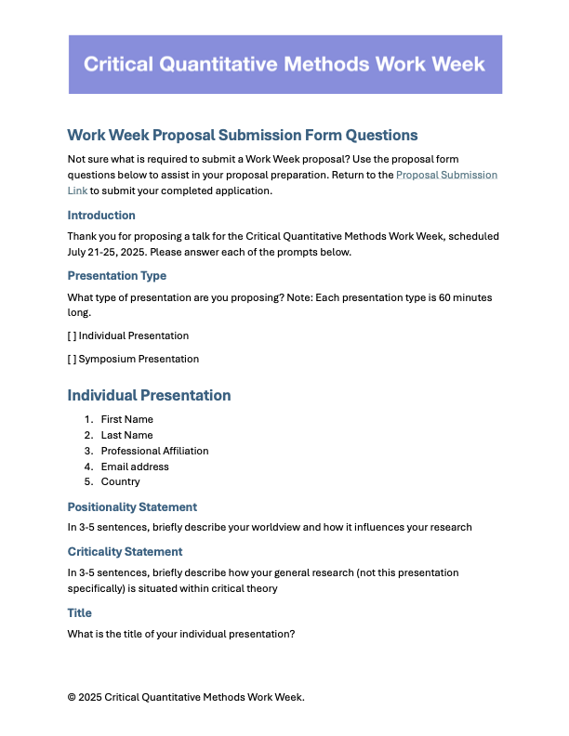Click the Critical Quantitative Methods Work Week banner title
284,64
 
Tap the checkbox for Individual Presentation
73,335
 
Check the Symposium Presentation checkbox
73,359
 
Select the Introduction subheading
101,216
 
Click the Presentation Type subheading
117,276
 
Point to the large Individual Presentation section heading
149,396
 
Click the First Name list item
127,419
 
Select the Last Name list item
126,435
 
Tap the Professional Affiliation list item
154,451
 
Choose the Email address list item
135,467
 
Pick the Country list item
121,482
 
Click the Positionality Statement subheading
132,507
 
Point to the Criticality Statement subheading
125,552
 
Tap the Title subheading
80,613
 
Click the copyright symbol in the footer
73,697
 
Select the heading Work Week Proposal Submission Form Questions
243,136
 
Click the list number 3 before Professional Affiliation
88,451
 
